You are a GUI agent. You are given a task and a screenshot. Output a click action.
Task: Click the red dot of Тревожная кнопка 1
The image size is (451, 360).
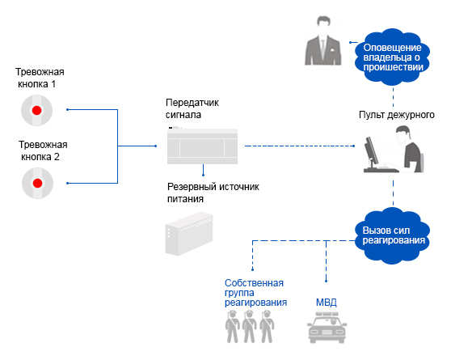point(37,110)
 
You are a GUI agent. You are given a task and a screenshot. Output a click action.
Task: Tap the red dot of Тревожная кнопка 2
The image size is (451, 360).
point(38,183)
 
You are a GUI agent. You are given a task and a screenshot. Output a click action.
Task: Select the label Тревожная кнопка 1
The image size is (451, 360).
point(40,78)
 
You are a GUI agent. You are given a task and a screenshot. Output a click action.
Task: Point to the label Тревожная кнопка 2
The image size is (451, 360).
point(43,150)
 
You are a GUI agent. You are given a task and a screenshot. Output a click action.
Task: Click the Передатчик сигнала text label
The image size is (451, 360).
point(192,108)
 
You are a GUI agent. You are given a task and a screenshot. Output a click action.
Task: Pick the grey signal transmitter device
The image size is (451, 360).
point(203,146)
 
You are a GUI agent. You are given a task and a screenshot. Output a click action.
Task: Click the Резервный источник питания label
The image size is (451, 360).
point(213,193)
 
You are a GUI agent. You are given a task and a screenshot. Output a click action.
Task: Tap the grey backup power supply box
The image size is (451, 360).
point(189,234)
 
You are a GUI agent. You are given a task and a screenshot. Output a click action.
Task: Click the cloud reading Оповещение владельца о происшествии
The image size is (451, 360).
point(393,57)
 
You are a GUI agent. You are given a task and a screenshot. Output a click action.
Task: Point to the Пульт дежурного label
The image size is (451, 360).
point(397,115)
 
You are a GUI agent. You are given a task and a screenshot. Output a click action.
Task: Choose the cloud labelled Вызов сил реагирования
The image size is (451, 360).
point(393,235)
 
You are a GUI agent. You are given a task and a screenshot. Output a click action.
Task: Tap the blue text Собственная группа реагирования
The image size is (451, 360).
point(255,293)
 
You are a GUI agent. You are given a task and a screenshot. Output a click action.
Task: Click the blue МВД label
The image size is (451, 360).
point(327,303)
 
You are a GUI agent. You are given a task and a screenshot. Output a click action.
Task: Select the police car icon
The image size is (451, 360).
point(327,328)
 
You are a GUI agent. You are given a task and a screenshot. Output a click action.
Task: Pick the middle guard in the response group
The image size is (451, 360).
point(250,327)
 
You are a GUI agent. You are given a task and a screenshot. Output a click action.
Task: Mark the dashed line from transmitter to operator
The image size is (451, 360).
point(299,146)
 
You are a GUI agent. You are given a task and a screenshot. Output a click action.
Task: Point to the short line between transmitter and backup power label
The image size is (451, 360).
point(204,170)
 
